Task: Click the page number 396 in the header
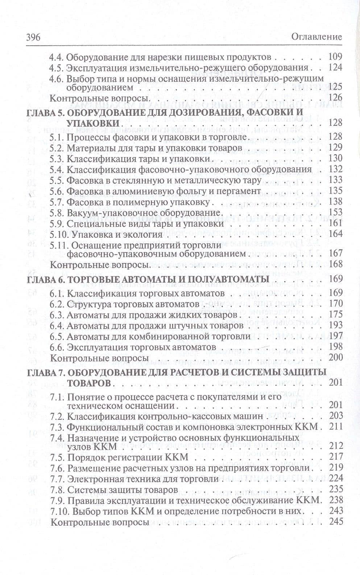pyautogui.click(x=32, y=37)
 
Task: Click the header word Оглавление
pyautogui.click(x=317, y=37)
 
